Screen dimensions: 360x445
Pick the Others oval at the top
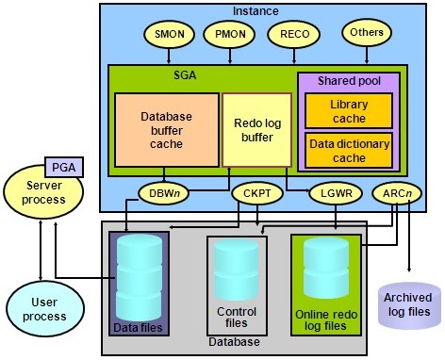368,33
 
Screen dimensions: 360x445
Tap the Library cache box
349,110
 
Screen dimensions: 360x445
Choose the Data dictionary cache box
349,150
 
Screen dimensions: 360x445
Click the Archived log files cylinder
408,304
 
